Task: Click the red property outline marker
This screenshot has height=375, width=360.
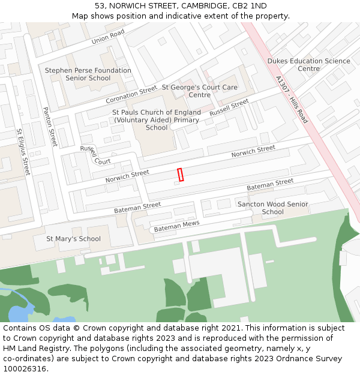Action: click(180, 175)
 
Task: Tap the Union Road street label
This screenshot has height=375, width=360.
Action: click(108, 37)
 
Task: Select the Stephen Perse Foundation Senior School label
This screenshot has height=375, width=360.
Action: click(88, 74)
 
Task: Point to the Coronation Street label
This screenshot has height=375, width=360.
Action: click(131, 95)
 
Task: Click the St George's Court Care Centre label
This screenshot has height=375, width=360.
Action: click(199, 91)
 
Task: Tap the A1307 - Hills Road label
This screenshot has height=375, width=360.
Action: click(292, 100)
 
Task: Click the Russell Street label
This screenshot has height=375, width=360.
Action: click(229, 108)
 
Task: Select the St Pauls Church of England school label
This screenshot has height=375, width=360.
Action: click(156, 120)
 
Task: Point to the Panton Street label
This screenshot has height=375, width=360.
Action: click(50, 127)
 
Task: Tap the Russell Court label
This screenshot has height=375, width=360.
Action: click(95, 155)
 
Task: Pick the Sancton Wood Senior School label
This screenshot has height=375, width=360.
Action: click(272, 208)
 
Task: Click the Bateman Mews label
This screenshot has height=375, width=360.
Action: click(176, 226)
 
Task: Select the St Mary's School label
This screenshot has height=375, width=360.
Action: click(74, 239)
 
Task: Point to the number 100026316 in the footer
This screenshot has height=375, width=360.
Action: click(25, 369)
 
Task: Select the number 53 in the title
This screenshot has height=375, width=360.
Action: click(100, 6)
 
